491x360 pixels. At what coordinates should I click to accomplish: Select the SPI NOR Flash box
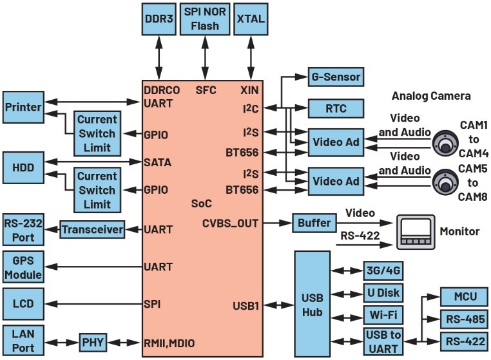[206, 19]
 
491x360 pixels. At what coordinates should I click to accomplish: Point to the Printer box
[23, 106]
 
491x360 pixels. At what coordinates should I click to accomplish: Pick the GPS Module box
[23, 266]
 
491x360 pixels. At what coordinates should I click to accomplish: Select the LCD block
[23, 302]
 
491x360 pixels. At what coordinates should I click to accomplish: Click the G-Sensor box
[334, 77]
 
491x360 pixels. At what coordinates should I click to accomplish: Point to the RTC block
[334, 108]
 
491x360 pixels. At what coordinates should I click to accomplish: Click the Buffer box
[314, 223]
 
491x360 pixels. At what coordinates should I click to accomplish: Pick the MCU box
[460, 298]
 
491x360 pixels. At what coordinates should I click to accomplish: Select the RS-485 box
[460, 319]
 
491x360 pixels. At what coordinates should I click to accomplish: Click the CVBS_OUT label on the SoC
[230, 223]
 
